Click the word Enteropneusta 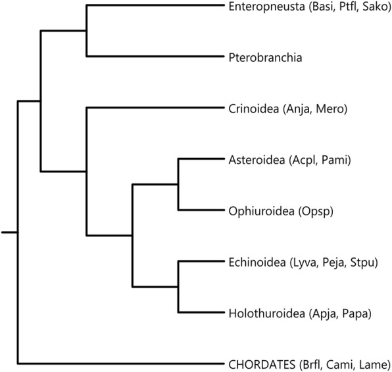[x=267, y=7]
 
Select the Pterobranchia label [x=265, y=57]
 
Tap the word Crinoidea [x=254, y=109]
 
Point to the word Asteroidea [x=257, y=160]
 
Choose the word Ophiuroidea [x=262, y=211]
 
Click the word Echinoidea [x=257, y=262]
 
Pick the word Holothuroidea [x=267, y=313]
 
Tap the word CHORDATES [x=262, y=365]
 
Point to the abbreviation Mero [x=330, y=109]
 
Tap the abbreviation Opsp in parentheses [x=316, y=212]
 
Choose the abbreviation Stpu [x=362, y=263]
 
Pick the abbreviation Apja [x=323, y=314]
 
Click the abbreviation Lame [x=372, y=365]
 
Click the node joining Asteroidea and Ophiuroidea [x=178, y=184]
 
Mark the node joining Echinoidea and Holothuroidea [x=178, y=286]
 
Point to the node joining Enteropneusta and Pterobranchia [x=87, y=31]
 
